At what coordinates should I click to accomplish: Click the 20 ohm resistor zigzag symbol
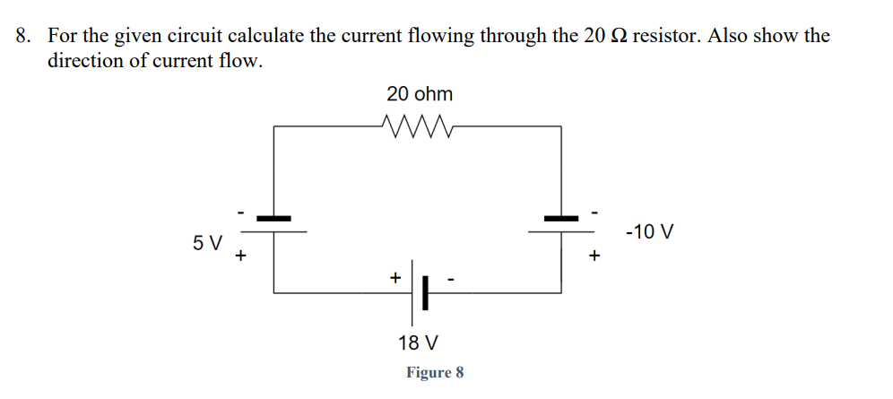pyautogui.click(x=418, y=126)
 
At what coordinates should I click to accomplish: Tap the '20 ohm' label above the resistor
pyautogui.click(x=420, y=94)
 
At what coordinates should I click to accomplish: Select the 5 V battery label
pyautogui.click(x=207, y=242)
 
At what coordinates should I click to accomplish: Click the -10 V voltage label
pyautogui.click(x=649, y=232)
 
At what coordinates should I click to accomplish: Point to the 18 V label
pyautogui.click(x=418, y=343)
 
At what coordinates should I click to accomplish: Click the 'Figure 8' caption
pyautogui.click(x=435, y=372)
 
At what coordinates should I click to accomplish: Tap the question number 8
pyautogui.click(x=24, y=37)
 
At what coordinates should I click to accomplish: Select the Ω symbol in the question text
pyautogui.click(x=620, y=37)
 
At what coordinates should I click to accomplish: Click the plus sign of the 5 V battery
pyautogui.click(x=240, y=256)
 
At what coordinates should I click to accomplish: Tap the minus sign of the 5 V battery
pyautogui.click(x=239, y=213)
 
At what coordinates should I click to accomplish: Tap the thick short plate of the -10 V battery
pyautogui.click(x=561, y=217)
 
